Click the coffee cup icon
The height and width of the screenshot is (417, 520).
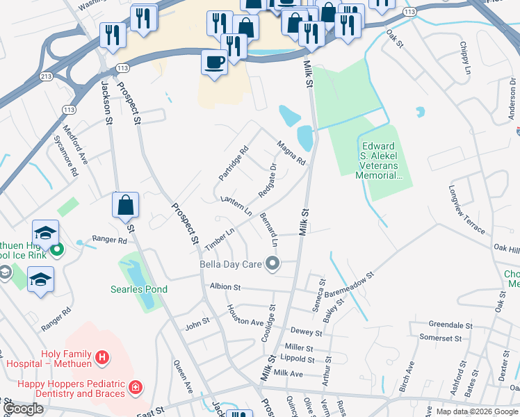(x=214, y=62)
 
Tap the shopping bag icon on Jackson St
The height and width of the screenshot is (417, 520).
(x=125, y=205)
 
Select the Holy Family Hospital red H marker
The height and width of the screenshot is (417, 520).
(x=102, y=358)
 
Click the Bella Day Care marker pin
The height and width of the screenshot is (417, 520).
(x=273, y=263)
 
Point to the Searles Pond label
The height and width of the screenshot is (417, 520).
(x=136, y=288)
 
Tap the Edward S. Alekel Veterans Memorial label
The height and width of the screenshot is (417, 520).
(x=379, y=161)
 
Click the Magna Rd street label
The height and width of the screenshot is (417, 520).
(x=291, y=153)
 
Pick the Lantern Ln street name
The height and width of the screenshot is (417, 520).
(x=236, y=204)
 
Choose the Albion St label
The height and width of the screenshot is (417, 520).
(x=225, y=286)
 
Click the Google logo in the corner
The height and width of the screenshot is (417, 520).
(x=23, y=409)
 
